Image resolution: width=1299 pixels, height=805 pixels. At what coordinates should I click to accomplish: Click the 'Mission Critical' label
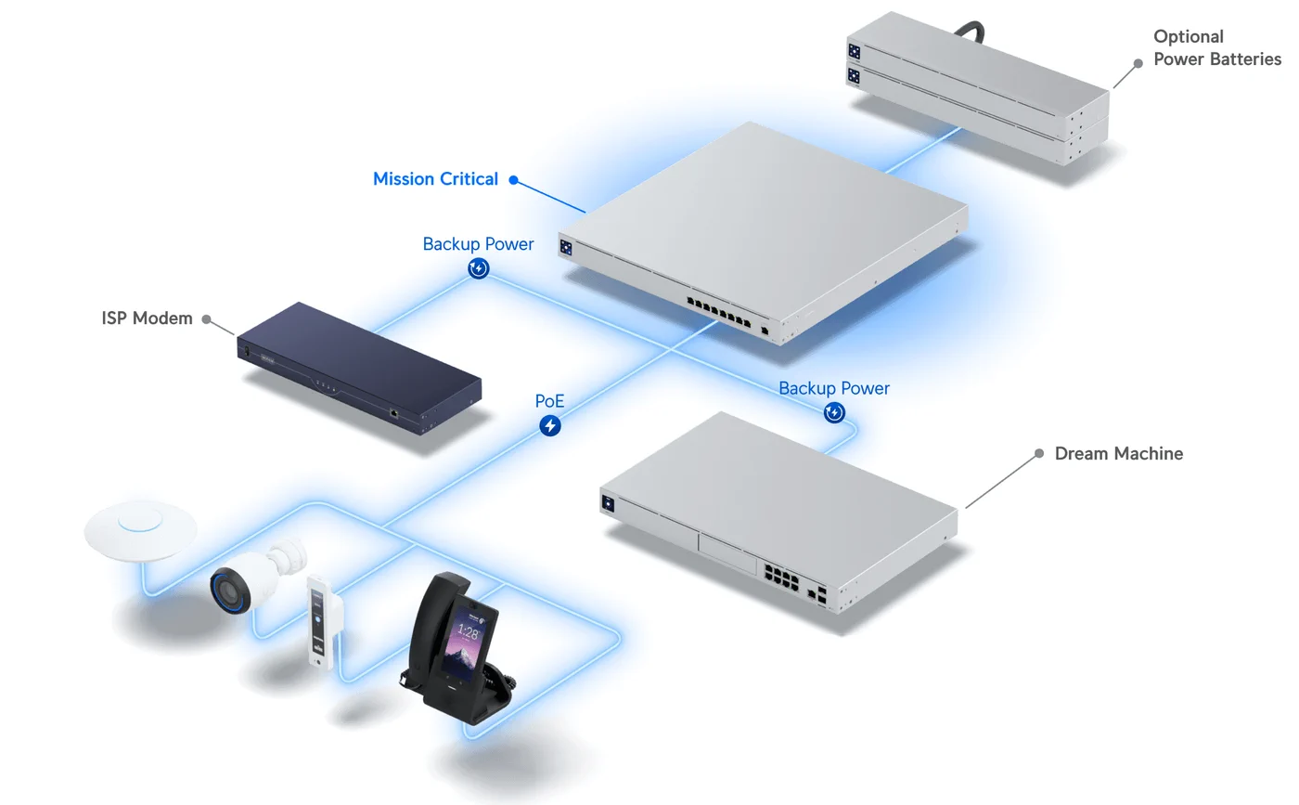[x=435, y=179]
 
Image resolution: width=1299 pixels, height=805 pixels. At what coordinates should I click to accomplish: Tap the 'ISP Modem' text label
[x=147, y=318]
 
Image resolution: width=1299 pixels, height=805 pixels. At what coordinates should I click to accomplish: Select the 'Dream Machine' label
[x=1118, y=454]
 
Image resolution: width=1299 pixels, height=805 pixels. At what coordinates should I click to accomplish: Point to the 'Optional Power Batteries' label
[x=1216, y=47]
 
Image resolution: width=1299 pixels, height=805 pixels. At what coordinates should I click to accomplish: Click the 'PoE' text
[x=549, y=402]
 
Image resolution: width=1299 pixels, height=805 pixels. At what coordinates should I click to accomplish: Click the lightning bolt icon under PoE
[x=550, y=426]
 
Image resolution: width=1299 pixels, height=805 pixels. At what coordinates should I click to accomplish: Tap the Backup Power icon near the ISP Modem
[x=478, y=269]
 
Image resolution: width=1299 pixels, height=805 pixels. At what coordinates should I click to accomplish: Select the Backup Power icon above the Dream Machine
[x=834, y=412]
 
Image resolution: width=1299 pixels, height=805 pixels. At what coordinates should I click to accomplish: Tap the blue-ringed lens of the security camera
[x=227, y=590]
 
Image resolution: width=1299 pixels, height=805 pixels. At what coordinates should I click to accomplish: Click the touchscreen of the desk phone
[x=468, y=642]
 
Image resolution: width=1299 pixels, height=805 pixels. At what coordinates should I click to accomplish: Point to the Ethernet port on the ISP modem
[x=394, y=412]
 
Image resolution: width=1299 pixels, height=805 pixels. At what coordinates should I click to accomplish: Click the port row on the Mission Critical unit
[x=718, y=310]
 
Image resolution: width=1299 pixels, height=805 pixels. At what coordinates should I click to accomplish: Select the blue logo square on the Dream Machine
[x=609, y=503]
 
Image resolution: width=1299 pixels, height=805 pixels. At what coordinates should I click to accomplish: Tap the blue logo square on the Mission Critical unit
[x=565, y=247]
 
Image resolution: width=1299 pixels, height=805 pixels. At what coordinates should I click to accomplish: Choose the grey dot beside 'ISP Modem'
[x=206, y=319]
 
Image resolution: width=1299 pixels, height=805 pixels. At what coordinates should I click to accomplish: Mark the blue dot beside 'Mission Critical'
[x=513, y=181]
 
